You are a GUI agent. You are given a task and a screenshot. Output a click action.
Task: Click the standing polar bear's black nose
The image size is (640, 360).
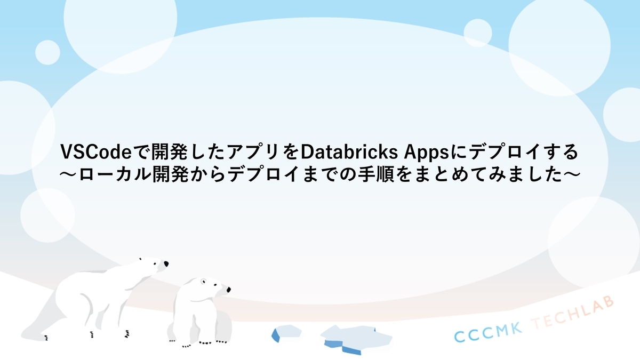(x=166, y=264)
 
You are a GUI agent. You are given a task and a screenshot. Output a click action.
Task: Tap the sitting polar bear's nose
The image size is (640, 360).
(x=228, y=291)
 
